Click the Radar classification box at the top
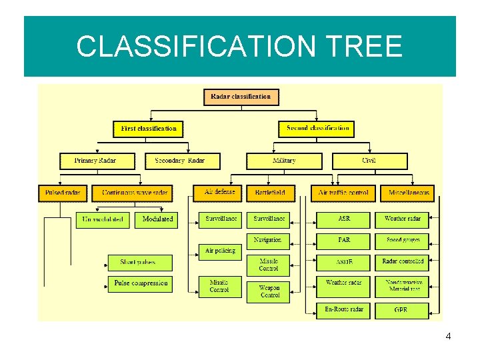coord(241,97)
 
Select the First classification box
coord(149,129)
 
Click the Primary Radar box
coord(97,161)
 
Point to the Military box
coord(284,161)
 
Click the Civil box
coord(369,161)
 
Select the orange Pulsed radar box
coord(63,193)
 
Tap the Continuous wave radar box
coord(135,193)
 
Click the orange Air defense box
coord(219,193)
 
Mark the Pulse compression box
coord(140,284)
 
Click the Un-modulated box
coord(103,219)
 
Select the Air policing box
coord(220,251)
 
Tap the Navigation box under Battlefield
coord(268,240)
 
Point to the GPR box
coord(401,310)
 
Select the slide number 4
coord(448,337)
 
